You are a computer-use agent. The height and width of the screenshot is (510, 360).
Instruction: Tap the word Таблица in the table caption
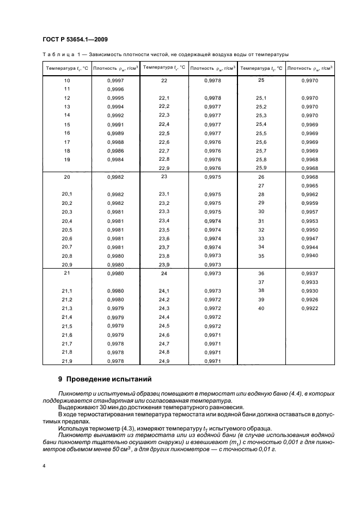[57, 54]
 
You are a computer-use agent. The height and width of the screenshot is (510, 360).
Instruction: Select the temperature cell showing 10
[67, 80]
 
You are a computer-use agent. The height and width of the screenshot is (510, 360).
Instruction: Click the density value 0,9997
[115, 80]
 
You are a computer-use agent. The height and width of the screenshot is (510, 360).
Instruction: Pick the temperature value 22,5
[164, 133]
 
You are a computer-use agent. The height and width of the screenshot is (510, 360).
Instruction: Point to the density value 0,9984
[115, 160]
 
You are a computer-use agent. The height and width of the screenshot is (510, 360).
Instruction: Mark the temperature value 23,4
[164, 221]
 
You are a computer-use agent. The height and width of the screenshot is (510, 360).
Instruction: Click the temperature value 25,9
[261, 168]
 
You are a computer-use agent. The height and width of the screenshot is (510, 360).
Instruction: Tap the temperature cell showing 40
[261, 308]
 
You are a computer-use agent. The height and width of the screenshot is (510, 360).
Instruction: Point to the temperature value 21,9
[67, 361]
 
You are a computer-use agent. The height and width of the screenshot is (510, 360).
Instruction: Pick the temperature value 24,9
[164, 361]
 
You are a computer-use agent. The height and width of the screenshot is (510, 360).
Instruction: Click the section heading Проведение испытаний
[113, 379]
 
